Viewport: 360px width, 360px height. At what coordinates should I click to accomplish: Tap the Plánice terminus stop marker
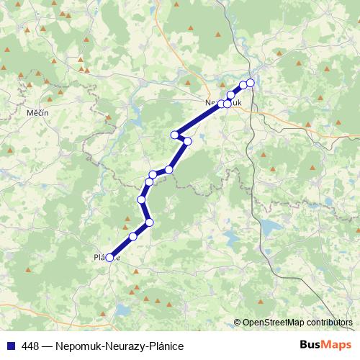click(109, 257)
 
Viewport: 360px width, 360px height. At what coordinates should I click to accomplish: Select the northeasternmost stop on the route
click(251, 82)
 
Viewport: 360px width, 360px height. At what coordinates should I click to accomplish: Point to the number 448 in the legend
click(30, 346)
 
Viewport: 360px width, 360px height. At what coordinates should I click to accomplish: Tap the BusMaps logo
click(325, 346)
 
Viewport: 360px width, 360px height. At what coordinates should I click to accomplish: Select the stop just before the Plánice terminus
click(132, 236)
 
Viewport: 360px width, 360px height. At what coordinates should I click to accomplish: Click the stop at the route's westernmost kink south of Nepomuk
click(174, 134)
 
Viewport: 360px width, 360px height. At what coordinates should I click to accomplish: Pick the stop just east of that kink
click(187, 141)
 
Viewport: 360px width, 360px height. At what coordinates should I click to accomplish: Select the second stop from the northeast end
click(243, 85)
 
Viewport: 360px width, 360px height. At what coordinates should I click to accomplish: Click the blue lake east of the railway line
click(269, 229)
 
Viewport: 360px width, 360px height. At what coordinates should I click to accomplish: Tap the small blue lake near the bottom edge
click(122, 311)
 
